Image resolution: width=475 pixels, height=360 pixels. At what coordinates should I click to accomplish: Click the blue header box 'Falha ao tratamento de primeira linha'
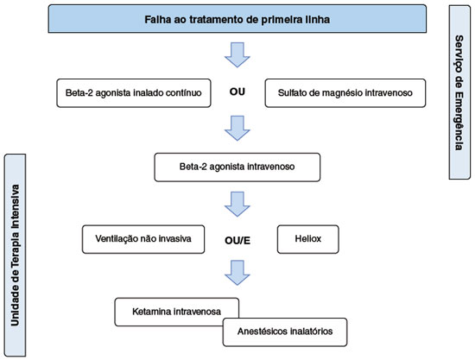237,19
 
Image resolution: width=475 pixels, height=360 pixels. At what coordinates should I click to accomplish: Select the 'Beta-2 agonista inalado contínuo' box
134,93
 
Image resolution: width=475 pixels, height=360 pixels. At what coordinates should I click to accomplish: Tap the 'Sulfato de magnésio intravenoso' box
345,93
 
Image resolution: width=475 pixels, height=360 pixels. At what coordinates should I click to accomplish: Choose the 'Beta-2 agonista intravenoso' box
237,167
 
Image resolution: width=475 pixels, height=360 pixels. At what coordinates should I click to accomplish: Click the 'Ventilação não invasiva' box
143,239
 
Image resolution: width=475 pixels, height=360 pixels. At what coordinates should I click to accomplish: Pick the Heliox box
308,239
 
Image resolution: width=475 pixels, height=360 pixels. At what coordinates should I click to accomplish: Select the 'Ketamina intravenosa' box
176,312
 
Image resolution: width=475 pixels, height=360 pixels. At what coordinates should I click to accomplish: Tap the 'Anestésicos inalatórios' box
285,332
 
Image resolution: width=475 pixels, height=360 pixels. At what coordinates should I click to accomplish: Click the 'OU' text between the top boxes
237,92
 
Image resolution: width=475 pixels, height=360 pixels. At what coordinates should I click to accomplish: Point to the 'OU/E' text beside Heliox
237,241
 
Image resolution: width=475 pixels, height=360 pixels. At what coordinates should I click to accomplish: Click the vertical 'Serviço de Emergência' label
459,92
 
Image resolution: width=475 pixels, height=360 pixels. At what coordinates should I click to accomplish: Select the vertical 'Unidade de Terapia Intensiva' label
15,256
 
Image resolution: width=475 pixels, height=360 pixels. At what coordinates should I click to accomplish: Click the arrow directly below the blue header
237,54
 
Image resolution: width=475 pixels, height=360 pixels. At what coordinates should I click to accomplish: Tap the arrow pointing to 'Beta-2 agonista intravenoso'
237,128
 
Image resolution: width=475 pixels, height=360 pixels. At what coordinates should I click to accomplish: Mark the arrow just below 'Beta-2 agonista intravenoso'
237,204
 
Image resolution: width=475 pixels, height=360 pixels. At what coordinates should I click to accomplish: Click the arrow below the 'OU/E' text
237,273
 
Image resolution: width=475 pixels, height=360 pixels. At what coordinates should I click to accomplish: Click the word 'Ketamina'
147,312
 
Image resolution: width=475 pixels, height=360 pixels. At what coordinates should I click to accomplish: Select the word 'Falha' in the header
155,19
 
